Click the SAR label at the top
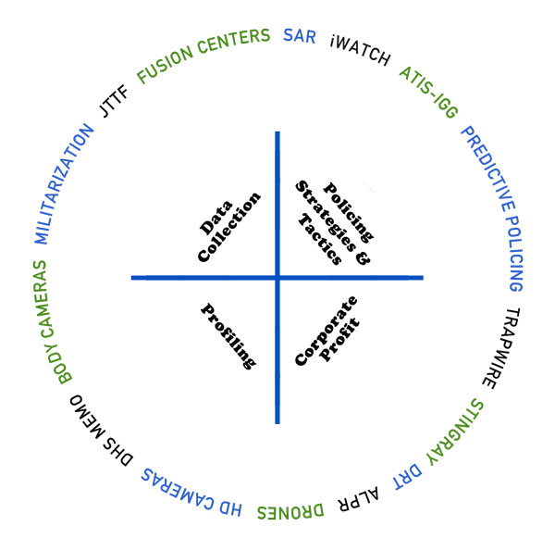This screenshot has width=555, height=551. click(x=300, y=36)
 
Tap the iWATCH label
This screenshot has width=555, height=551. click(x=360, y=50)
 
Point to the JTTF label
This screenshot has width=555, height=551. click(x=114, y=101)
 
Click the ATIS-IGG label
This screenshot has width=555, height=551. click(x=429, y=92)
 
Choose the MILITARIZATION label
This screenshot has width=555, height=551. click(x=64, y=184)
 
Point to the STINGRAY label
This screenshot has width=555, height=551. click(x=455, y=433)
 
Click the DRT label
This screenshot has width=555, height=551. click(x=408, y=476)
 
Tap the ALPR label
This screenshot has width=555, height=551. click(x=359, y=499)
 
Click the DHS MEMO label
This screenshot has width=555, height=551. click(x=101, y=431)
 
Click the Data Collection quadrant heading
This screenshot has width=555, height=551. click(x=229, y=227)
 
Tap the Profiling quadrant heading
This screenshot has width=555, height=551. click(x=228, y=336)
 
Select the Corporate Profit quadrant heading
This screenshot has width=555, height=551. click(x=327, y=331)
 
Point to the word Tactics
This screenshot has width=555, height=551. click(x=320, y=240)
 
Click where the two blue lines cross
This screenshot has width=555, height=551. click(x=277, y=278)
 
